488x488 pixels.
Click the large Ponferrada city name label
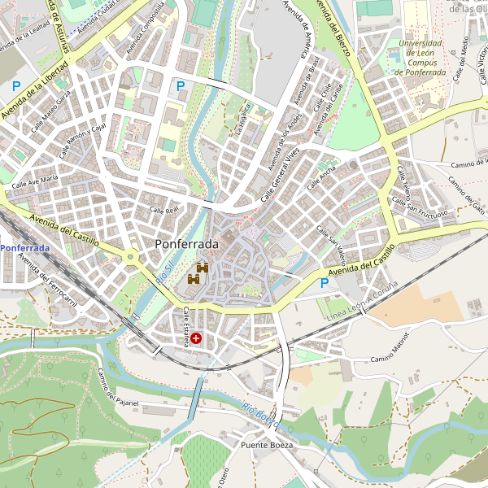point(186,244)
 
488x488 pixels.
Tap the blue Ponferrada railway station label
point(24,247)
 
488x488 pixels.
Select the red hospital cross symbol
point(196,338)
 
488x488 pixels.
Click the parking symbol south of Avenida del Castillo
point(325,283)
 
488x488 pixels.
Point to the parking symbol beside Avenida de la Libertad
point(15,85)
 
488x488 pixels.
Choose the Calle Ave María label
point(35,180)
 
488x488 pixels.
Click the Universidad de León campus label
point(420,58)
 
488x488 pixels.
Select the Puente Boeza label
point(266,446)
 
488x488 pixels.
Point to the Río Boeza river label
point(260,414)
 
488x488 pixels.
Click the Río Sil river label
point(163,268)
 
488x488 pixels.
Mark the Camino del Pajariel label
point(117,387)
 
